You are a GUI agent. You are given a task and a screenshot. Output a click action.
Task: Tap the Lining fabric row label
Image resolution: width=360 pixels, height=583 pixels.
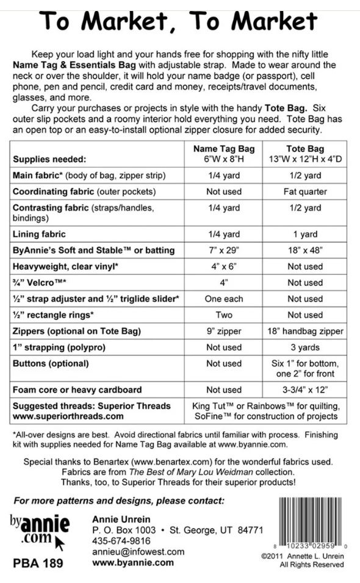40,234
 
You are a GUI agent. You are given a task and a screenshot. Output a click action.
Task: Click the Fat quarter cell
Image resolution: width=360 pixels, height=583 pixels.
304,192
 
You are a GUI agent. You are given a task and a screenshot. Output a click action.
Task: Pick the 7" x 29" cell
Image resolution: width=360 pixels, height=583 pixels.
223,250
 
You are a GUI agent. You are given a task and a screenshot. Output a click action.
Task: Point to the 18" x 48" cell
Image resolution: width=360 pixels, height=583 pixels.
304,250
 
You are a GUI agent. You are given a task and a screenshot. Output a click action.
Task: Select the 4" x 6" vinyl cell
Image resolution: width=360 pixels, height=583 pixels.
223,267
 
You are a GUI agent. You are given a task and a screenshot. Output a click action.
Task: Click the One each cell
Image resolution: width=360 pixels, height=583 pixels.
223,299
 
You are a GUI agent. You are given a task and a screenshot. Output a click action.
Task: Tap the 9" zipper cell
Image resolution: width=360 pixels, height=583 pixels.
223,331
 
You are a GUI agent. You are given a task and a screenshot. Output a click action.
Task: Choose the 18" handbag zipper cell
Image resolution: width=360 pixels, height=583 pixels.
304,331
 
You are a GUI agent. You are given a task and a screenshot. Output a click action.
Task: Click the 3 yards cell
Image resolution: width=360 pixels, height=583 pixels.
304,347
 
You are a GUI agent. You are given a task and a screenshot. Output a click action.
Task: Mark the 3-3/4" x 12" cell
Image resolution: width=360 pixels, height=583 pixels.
304,389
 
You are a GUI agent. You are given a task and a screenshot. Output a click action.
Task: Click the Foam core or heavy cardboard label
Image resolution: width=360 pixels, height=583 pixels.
77,389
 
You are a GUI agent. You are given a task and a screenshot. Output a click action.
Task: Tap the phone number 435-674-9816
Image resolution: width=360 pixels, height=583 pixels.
121,541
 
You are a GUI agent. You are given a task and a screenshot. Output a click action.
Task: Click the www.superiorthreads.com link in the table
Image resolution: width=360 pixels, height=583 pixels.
68,417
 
